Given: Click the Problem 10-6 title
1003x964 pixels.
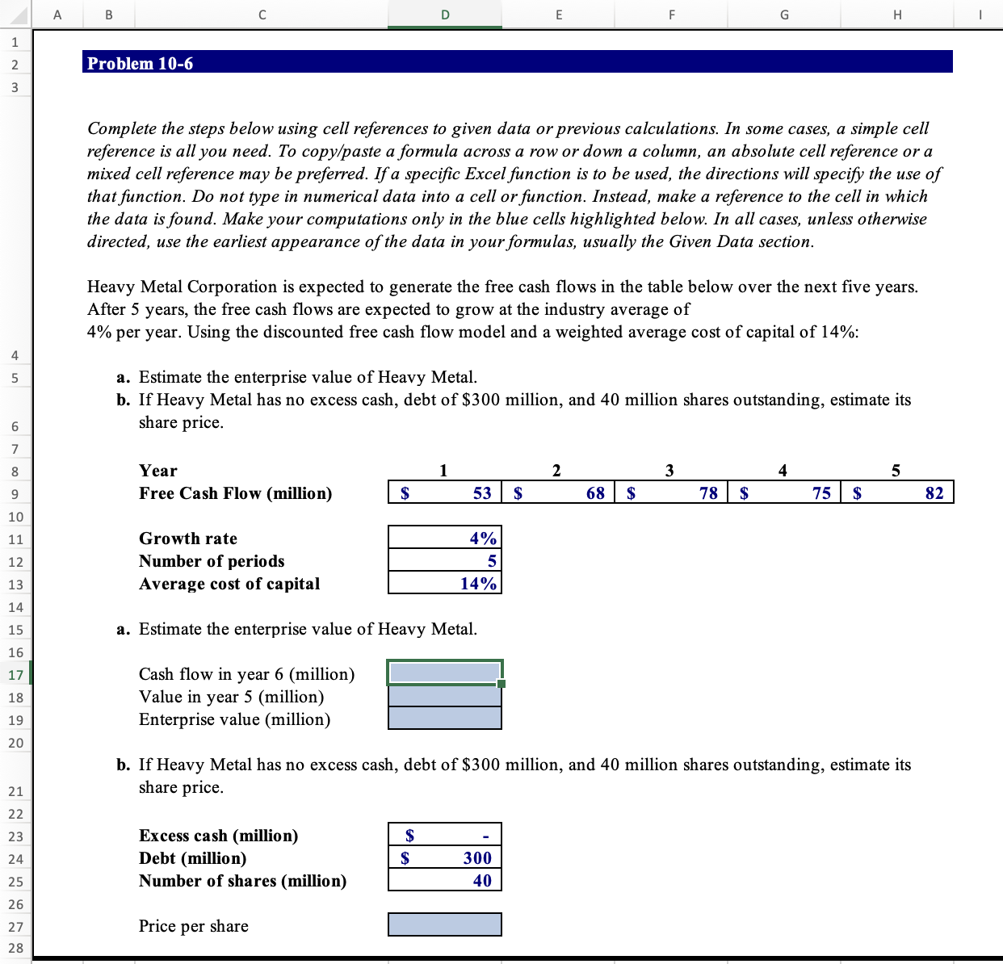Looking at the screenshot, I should tap(141, 63).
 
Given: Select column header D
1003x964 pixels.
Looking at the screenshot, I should tap(445, 14).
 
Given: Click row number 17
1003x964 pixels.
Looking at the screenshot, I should tap(15, 675).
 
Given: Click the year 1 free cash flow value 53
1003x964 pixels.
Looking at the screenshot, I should tap(481, 493).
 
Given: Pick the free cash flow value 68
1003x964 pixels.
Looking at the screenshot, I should tap(595, 493).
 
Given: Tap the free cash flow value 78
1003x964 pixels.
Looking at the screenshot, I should tap(708, 493).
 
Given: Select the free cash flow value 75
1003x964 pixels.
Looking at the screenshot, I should tap(821, 493).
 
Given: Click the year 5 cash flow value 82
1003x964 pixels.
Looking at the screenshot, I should tap(934, 493).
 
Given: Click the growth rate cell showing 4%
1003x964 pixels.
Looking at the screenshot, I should tap(483, 539).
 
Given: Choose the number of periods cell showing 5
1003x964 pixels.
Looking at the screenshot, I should tap(491, 561).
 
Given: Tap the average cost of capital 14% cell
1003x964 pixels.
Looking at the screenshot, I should tap(478, 584).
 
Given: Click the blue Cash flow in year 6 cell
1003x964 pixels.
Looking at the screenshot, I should tap(444, 673).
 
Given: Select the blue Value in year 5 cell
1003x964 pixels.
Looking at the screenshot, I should tap(444, 696).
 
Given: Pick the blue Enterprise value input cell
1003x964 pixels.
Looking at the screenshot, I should tap(444, 719).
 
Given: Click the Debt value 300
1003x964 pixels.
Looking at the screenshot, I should tap(476, 858).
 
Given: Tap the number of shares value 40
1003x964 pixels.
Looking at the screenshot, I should tap(481, 881).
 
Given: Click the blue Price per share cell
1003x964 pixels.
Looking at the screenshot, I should tap(444, 925).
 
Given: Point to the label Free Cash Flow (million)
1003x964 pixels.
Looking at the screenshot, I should tap(235, 493).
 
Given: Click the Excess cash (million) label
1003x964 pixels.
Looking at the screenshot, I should tap(218, 836).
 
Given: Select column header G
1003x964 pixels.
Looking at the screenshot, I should tap(784, 14).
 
